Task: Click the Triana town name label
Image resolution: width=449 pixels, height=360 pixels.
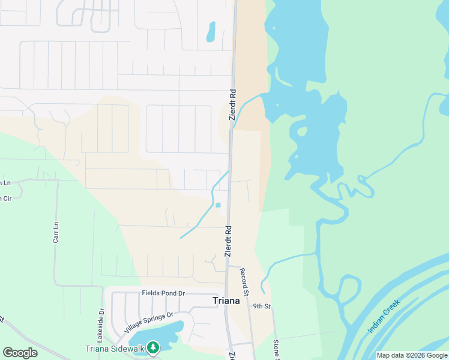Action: [226, 301]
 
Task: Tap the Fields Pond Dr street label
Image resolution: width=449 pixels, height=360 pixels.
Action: [163, 293]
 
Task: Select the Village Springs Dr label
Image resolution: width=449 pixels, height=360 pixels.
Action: [148, 323]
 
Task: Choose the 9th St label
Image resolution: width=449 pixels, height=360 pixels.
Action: [262, 307]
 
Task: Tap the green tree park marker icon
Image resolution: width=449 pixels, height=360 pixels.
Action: [154, 347]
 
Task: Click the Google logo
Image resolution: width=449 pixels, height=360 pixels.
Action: [20, 353]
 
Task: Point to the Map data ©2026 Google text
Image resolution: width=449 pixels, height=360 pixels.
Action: [412, 355]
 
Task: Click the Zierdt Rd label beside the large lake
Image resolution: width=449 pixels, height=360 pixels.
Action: [233, 105]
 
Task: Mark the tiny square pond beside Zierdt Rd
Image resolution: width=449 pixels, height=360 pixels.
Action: [218, 205]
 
